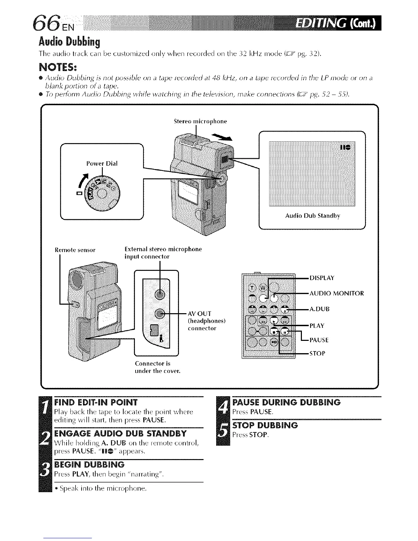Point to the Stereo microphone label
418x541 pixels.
200,121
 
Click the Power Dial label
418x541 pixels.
102,164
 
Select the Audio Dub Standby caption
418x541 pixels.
312,216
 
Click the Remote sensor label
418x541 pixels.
75,250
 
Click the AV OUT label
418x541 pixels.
200,314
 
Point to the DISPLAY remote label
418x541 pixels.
322,278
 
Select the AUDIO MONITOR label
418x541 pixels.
336,293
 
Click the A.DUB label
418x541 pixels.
319,309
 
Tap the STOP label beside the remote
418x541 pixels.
317,353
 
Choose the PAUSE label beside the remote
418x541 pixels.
319,340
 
